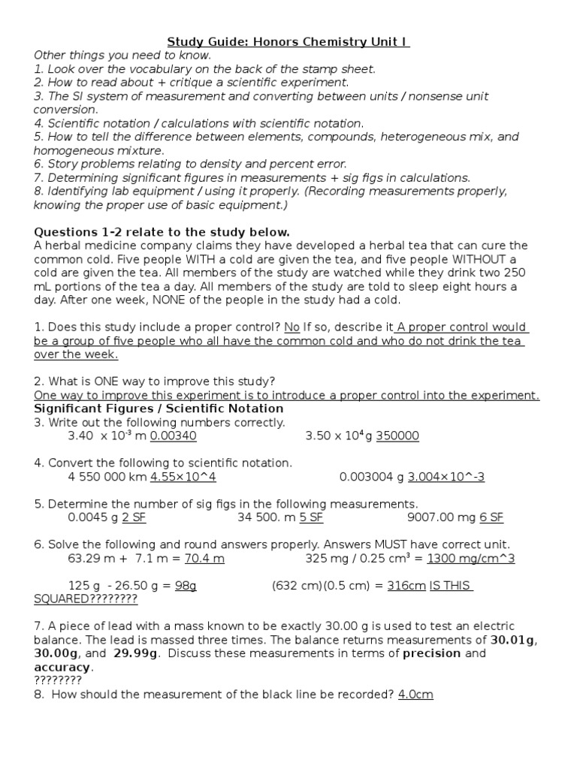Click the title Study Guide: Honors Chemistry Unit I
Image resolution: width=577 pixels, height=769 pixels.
(x=288, y=42)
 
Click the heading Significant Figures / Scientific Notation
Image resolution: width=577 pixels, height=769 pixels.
(x=159, y=409)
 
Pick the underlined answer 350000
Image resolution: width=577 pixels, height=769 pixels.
(x=397, y=436)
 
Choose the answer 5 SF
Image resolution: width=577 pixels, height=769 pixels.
(x=311, y=517)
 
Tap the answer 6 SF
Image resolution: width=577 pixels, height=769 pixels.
(x=491, y=517)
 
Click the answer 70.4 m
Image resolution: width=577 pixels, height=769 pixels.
(x=204, y=558)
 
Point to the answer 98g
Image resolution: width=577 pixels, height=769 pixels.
(x=186, y=586)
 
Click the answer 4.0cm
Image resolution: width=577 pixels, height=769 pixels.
(x=415, y=695)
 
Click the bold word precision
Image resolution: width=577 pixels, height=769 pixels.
(x=432, y=653)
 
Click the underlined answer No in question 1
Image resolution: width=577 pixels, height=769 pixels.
(x=292, y=327)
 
